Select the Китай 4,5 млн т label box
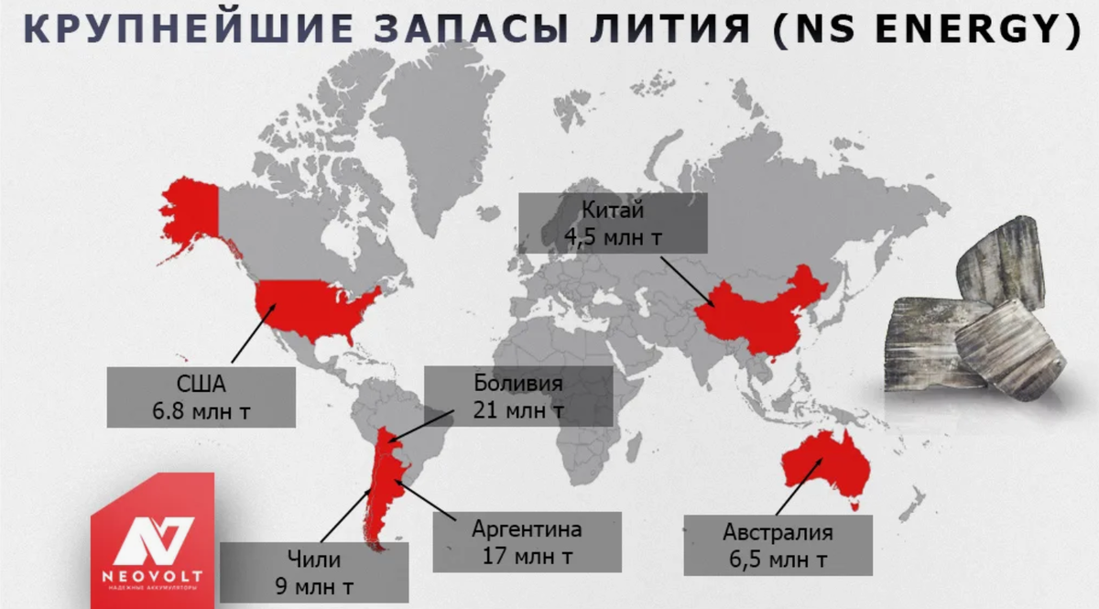point(613,223)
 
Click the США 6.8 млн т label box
point(201,397)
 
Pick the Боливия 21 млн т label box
point(517,397)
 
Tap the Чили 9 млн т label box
point(314,571)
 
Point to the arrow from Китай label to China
point(687,278)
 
